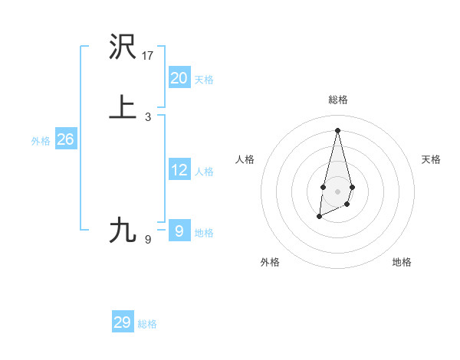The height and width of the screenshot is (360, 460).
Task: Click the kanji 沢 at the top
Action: coord(123,48)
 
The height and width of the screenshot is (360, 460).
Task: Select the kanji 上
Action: coord(123,107)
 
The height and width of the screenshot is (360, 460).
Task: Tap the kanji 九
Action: coord(123,230)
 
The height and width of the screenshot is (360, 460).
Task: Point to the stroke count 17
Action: coord(148,56)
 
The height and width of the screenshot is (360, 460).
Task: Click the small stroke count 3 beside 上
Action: coord(148,117)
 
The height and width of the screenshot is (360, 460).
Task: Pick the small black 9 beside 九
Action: coord(148,240)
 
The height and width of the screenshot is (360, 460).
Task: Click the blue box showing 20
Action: coord(179,78)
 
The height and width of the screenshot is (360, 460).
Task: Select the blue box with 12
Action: coord(179,170)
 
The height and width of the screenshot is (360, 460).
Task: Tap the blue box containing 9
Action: coord(179,231)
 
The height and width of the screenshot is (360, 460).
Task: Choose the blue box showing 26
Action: coord(65,139)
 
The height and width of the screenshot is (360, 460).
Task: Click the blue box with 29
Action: coord(122,322)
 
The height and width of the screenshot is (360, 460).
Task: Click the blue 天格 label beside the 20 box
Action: coord(204,80)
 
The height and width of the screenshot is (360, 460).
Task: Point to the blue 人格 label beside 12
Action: coord(204,172)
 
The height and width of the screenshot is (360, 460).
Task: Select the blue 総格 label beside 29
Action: coord(147,324)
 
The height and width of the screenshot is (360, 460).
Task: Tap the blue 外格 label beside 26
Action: coord(41,141)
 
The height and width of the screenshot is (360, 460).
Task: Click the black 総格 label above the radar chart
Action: coord(337,100)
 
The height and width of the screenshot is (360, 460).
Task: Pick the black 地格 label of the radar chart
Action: coord(402,262)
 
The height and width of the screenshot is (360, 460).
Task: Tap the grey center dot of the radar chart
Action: coord(337,191)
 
